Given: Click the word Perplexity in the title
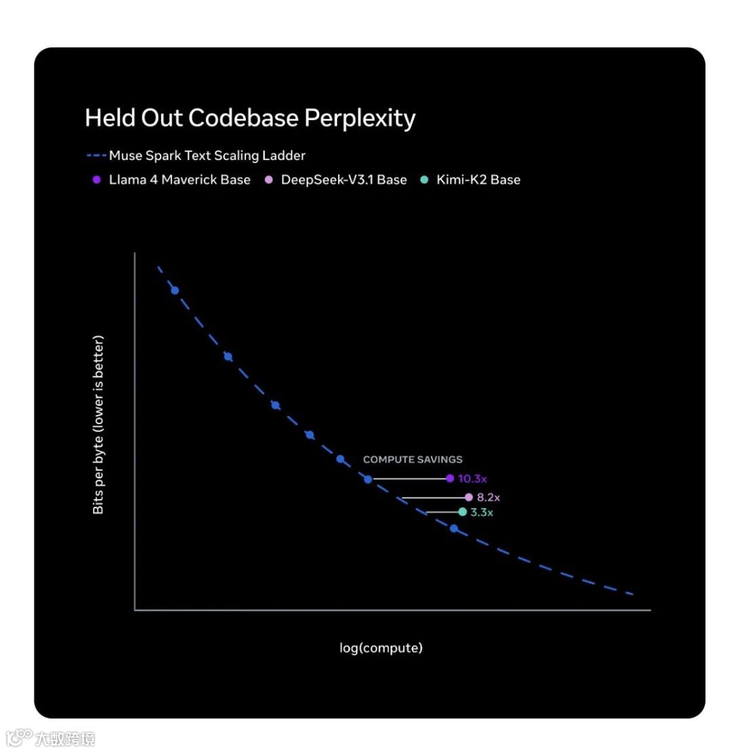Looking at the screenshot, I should (x=359, y=119).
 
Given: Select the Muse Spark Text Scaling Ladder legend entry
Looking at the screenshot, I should (x=207, y=156).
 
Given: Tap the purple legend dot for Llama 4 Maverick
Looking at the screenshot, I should (x=96, y=180).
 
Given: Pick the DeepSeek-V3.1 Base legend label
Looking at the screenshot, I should (x=344, y=180).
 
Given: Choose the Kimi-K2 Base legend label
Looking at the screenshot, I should (x=478, y=180).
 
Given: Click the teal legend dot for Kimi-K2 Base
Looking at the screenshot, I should (x=424, y=180).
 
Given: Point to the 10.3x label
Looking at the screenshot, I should (x=472, y=479).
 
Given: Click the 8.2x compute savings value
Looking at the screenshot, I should (x=488, y=497).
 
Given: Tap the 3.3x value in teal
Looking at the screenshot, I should (x=482, y=512).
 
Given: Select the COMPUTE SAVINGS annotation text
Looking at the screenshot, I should (x=413, y=459).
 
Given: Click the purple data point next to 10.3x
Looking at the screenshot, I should (x=450, y=478).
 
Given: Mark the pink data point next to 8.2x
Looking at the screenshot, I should (x=468, y=497).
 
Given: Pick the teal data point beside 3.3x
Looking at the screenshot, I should (x=462, y=511).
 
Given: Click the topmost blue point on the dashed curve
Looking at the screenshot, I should (x=175, y=291).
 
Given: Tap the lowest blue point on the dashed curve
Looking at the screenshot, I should (x=454, y=528).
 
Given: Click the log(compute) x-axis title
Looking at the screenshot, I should (x=381, y=648).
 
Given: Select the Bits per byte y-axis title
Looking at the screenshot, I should (x=99, y=425).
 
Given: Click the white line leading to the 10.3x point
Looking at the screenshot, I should (x=409, y=479).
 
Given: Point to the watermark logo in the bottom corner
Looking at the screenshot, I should (x=20, y=736).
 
